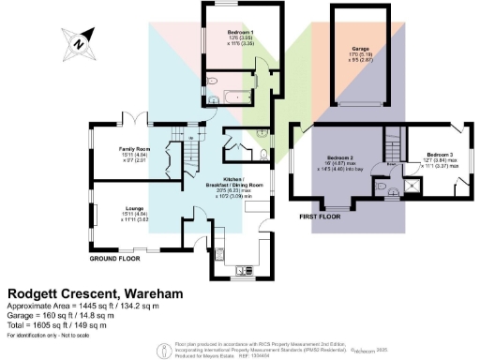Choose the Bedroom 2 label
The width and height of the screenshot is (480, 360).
pos(338,155)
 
